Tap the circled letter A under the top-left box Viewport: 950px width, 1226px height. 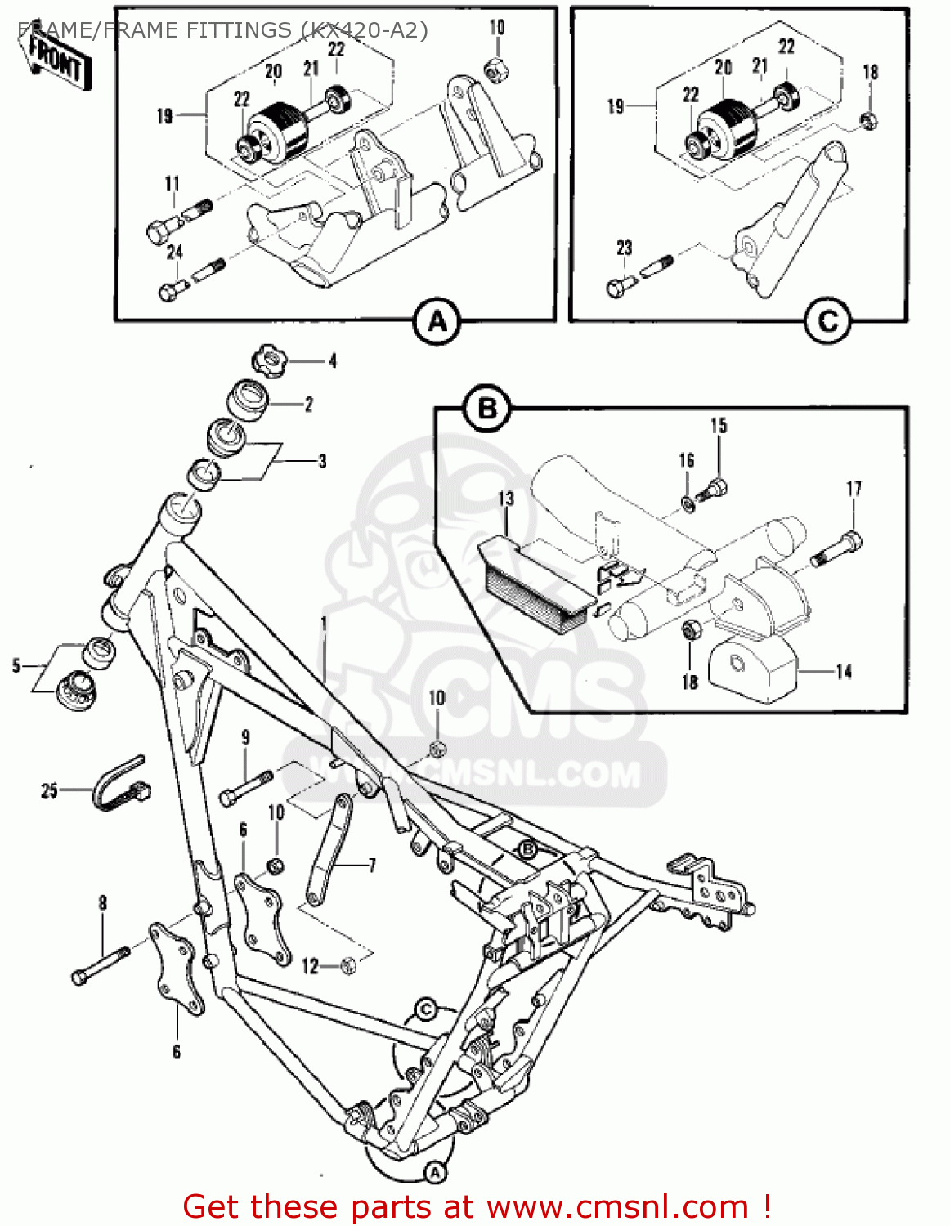click(437, 322)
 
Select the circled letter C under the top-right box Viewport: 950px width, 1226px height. click(827, 322)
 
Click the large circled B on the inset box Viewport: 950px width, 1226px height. click(487, 408)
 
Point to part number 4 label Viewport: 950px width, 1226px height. click(332, 360)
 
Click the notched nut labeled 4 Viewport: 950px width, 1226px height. click(269, 360)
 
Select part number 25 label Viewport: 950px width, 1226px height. click(49, 790)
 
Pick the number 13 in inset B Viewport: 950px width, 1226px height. click(506, 499)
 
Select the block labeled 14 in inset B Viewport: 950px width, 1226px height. click(751, 670)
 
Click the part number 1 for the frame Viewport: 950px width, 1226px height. click(324, 624)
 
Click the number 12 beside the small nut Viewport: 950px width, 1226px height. click(310, 966)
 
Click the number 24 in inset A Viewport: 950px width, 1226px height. click(174, 252)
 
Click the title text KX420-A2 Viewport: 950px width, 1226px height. click(364, 30)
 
